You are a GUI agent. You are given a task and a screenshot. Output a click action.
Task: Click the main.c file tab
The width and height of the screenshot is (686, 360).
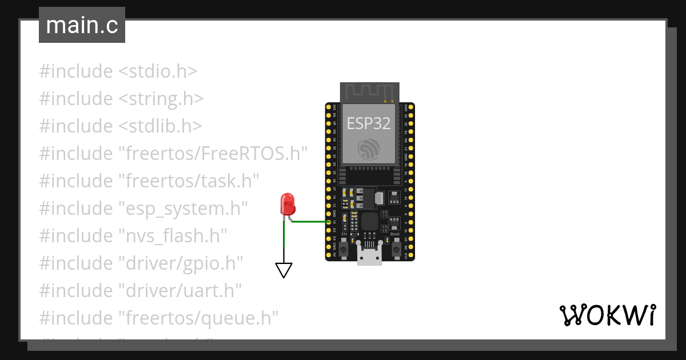[x=82, y=26]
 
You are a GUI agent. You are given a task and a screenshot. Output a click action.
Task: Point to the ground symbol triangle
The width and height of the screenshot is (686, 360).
[x=284, y=270]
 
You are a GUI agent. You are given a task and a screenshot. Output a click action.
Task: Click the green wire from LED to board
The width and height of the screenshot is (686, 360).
[x=309, y=222]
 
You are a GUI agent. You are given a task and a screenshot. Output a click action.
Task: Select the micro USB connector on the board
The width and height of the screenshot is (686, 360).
[x=369, y=254]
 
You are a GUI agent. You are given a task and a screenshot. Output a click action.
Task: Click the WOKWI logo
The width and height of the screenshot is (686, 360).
[x=607, y=315]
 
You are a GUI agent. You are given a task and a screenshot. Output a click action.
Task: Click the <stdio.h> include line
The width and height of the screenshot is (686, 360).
[x=118, y=72]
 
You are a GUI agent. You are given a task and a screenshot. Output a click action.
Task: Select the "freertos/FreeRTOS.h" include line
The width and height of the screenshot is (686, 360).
[x=174, y=154]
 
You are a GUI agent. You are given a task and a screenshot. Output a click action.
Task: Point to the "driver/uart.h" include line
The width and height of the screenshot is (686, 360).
[x=141, y=290]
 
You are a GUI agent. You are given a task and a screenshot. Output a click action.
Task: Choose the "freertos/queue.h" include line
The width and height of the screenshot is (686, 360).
[x=158, y=317]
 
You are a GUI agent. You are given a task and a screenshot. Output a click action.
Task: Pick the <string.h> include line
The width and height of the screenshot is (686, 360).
[x=121, y=99]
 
